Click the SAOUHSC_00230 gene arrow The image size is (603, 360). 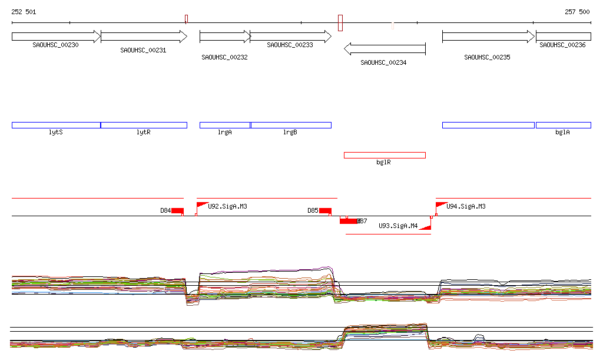click(x=56, y=37)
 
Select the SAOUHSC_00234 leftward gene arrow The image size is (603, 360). click(x=384, y=48)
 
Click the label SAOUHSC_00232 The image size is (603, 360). click(x=224, y=58)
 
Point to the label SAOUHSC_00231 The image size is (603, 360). click(x=143, y=51)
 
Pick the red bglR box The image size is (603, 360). click(x=385, y=155)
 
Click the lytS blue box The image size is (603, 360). click(x=56, y=125)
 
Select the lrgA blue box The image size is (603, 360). click(x=225, y=125)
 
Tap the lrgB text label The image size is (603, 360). click(x=290, y=133)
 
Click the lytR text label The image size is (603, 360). click(x=143, y=133)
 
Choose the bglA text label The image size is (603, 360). click(x=562, y=133)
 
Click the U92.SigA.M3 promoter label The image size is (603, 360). click(x=227, y=206)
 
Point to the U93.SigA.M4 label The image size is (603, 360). click(x=398, y=226)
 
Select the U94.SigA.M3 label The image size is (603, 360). click(x=466, y=206)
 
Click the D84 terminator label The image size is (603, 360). click(x=165, y=210)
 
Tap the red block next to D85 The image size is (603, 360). click(x=325, y=211)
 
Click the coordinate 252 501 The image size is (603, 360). click(x=24, y=12)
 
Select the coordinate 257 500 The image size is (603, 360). click(x=577, y=12)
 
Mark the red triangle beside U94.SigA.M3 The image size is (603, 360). click(x=439, y=205)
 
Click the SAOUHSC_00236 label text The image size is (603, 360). click(x=562, y=45)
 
